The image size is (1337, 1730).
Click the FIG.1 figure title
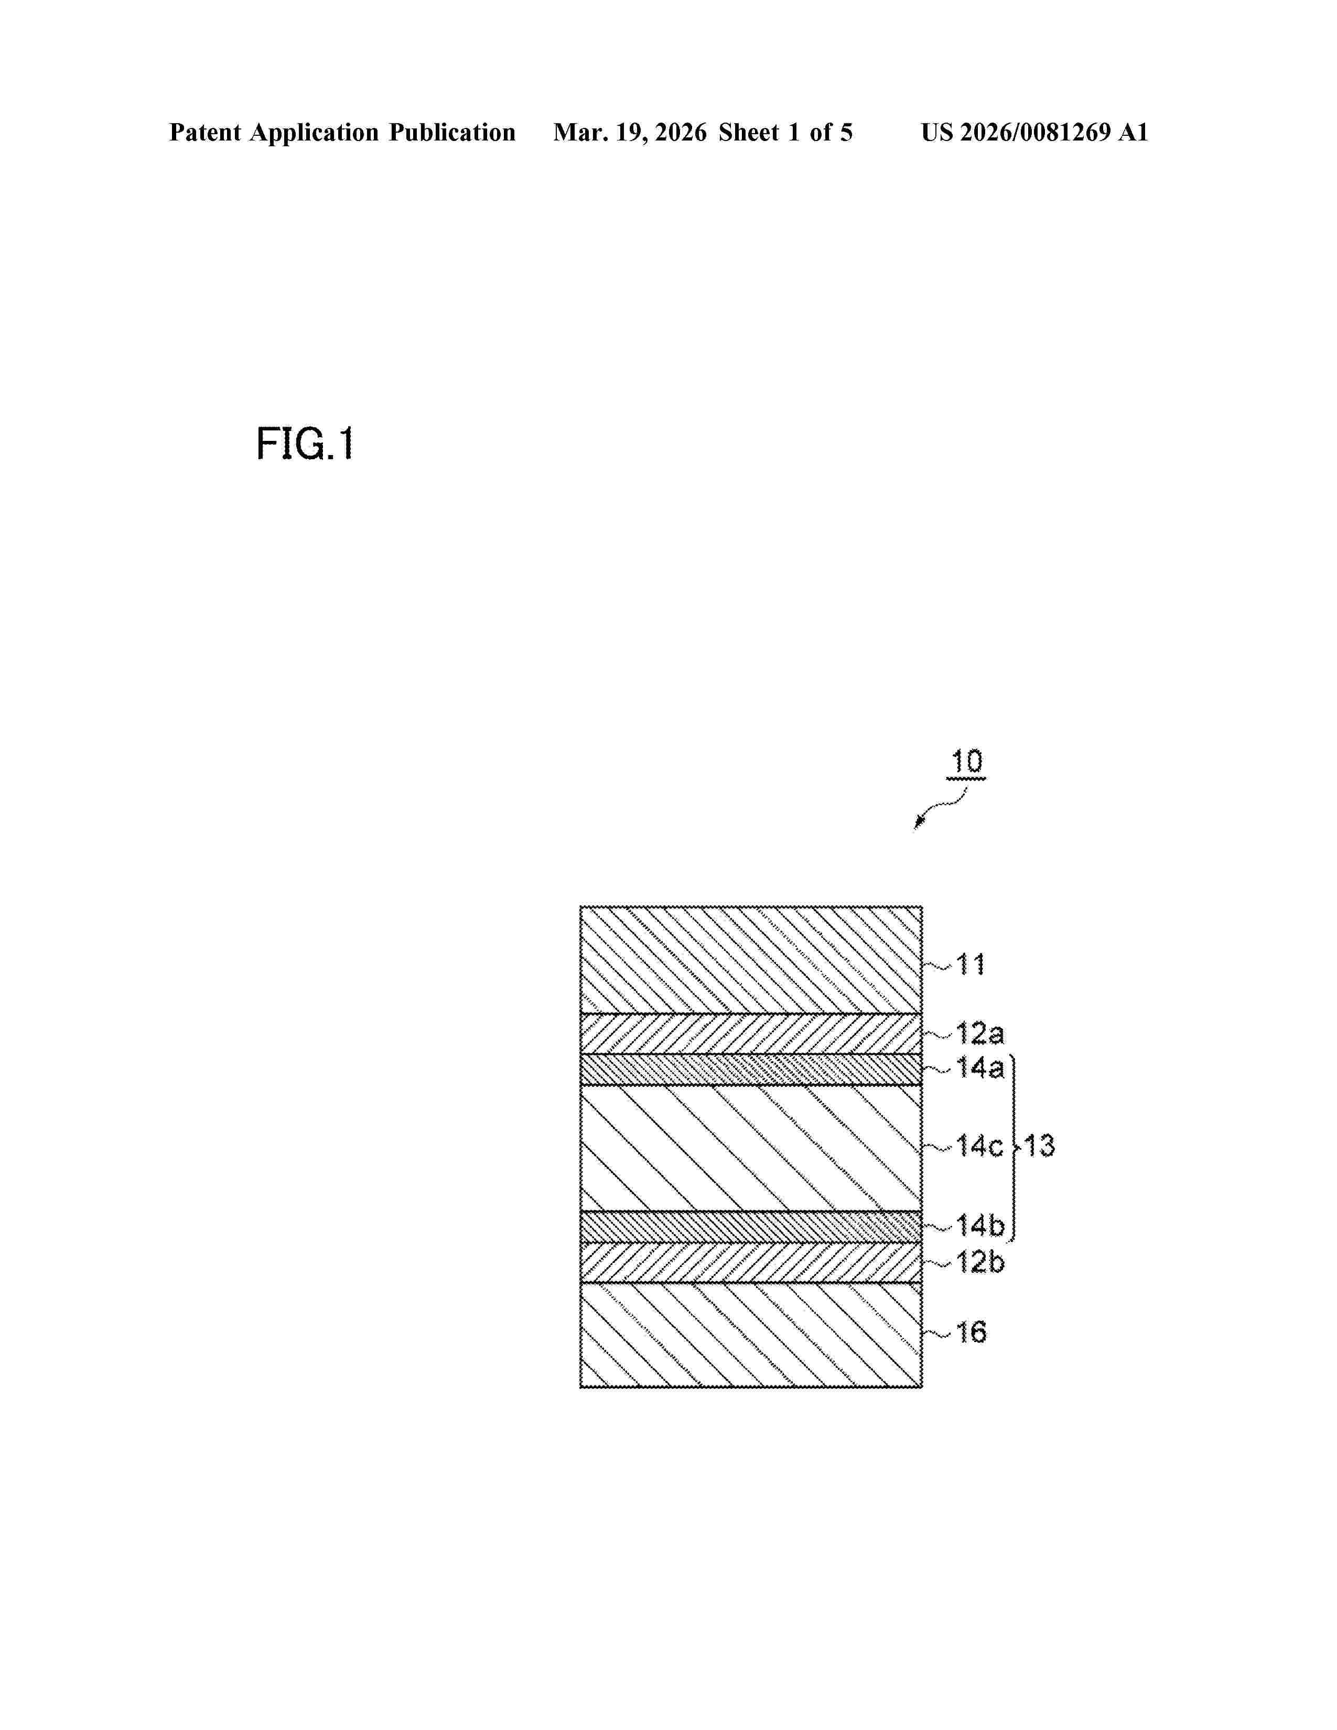pos(305,445)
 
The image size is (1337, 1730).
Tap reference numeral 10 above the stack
pos(966,762)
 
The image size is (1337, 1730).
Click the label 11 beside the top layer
pos(971,965)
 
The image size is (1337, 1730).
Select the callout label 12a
pos(980,1034)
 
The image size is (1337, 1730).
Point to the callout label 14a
pos(980,1068)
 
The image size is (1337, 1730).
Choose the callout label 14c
pos(980,1145)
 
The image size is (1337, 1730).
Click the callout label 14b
pos(980,1226)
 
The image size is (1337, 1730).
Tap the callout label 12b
pos(980,1262)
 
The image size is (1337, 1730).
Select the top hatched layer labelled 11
pos(751,959)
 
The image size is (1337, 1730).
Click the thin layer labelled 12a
pos(751,1034)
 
